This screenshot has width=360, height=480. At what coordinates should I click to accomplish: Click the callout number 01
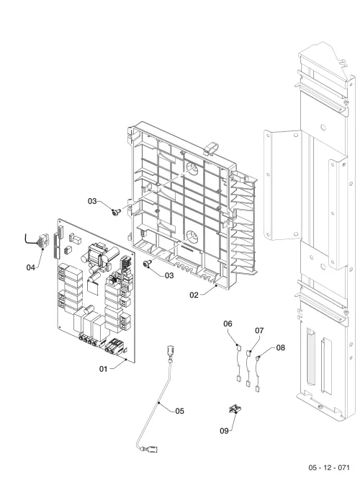[104, 369]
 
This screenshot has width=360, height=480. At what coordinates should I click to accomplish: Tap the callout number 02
[194, 295]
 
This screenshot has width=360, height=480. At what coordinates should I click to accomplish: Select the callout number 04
[30, 267]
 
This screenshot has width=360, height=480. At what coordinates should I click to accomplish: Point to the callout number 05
[180, 411]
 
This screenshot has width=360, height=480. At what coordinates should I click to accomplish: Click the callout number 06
[228, 324]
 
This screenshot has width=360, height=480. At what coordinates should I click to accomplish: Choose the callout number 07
[259, 331]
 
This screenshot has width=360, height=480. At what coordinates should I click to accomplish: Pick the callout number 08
[280, 347]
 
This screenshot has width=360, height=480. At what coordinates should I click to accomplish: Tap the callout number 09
[224, 431]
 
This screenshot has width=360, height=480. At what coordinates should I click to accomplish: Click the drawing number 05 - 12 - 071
[329, 468]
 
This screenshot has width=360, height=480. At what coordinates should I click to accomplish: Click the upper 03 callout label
[92, 201]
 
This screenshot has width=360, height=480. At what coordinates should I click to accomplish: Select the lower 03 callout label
[169, 275]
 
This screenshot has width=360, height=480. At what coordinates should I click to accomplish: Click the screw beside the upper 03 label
[115, 212]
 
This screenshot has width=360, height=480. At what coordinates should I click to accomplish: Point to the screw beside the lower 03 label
[147, 264]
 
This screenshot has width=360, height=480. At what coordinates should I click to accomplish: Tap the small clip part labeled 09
[235, 409]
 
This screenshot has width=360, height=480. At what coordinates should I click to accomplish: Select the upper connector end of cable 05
[171, 352]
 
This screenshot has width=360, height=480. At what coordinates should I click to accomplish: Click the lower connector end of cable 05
[151, 450]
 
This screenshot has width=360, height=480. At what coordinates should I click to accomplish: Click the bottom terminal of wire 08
[258, 389]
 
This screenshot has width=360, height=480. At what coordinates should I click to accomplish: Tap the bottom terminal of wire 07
[248, 383]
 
